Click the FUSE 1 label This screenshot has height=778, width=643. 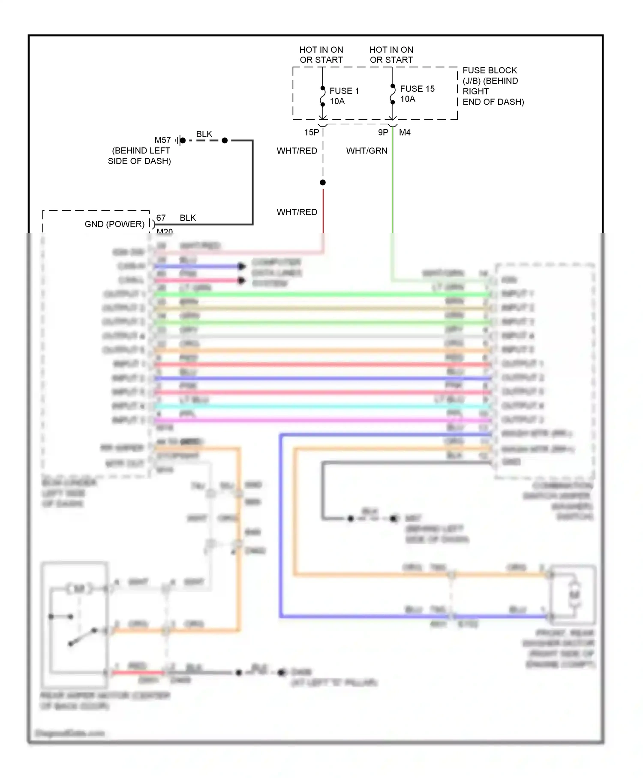click(344, 91)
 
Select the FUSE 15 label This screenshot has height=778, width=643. click(417, 89)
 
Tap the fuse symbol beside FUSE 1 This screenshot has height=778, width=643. click(323, 96)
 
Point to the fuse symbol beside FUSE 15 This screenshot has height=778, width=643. click(393, 94)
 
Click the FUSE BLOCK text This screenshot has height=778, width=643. click(490, 70)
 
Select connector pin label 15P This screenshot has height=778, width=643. click(312, 133)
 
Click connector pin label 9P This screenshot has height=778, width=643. click(383, 133)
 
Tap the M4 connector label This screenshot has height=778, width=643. click(405, 133)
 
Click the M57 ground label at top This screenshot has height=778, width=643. click(162, 140)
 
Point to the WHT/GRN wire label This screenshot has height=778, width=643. click(367, 151)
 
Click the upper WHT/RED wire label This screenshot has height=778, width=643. click(297, 151)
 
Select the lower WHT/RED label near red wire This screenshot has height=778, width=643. click(297, 212)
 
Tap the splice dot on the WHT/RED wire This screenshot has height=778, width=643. click(323, 183)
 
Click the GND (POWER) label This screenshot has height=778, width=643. click(114, 224)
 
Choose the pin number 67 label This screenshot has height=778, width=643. click(161, 218)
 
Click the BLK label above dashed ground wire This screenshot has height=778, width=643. click(204, 134)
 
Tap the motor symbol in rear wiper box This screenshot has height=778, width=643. click(79, 589)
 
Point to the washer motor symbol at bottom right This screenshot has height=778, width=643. click(574, 594)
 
